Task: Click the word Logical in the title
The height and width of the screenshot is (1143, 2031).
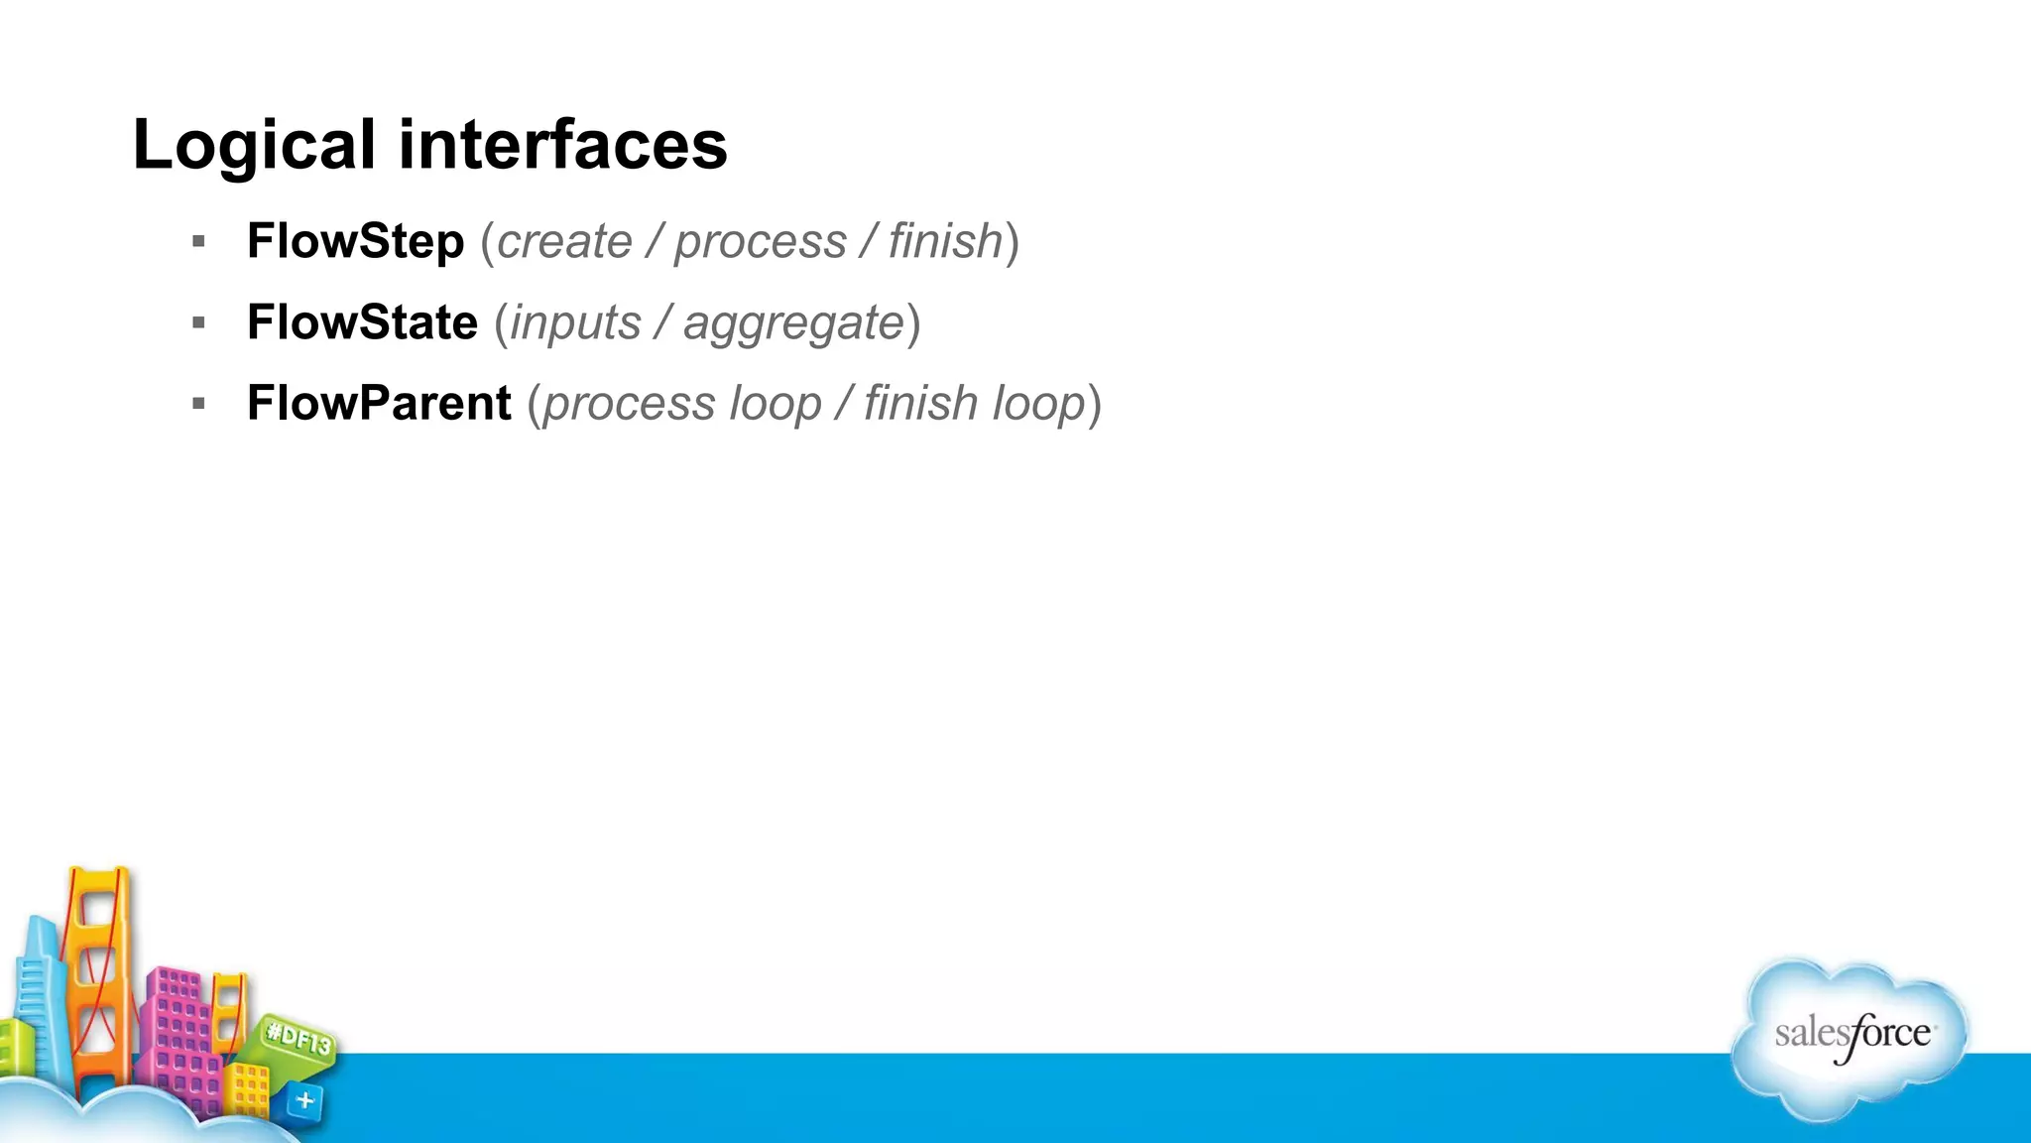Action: (254, 145)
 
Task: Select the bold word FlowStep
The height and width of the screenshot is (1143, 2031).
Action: (355, 241)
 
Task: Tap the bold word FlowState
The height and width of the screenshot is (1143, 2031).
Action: (362, 322)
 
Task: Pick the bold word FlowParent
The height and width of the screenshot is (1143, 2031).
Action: (379, 404)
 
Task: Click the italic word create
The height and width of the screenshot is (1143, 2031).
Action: (564, 242)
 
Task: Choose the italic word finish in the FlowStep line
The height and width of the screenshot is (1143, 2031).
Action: (945, 241)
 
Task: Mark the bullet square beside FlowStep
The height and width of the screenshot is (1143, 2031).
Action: (199, 241)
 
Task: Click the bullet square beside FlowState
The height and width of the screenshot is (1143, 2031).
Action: (199, 322)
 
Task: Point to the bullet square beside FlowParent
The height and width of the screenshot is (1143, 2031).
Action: (199, 404)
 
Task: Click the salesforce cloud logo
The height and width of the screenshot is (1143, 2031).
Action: (1851, 1038)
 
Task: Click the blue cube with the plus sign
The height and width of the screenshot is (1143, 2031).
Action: (303, 1100)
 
